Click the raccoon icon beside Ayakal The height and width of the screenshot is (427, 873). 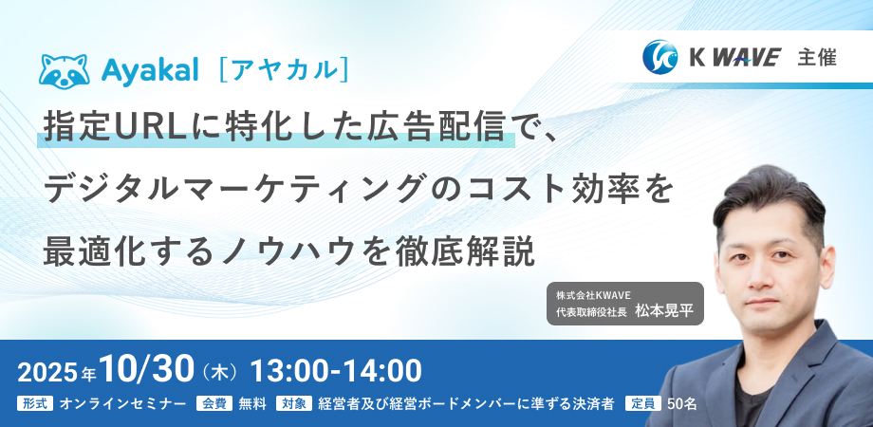tap(64, 71)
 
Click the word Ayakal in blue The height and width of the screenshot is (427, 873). tap(150, 71)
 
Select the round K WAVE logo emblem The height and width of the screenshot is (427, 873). tap(660, 57)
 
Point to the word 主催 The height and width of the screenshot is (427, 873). tap(817, 57)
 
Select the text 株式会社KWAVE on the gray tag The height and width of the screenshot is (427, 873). tap(589, 294)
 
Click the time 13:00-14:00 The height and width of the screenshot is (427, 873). tap(336, 371)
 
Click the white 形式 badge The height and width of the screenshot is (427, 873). tap(36, 403)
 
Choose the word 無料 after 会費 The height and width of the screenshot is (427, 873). tap(252, 403)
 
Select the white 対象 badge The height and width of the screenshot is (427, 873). tap(294, 403)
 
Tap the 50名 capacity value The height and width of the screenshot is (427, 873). tap(681, 403)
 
